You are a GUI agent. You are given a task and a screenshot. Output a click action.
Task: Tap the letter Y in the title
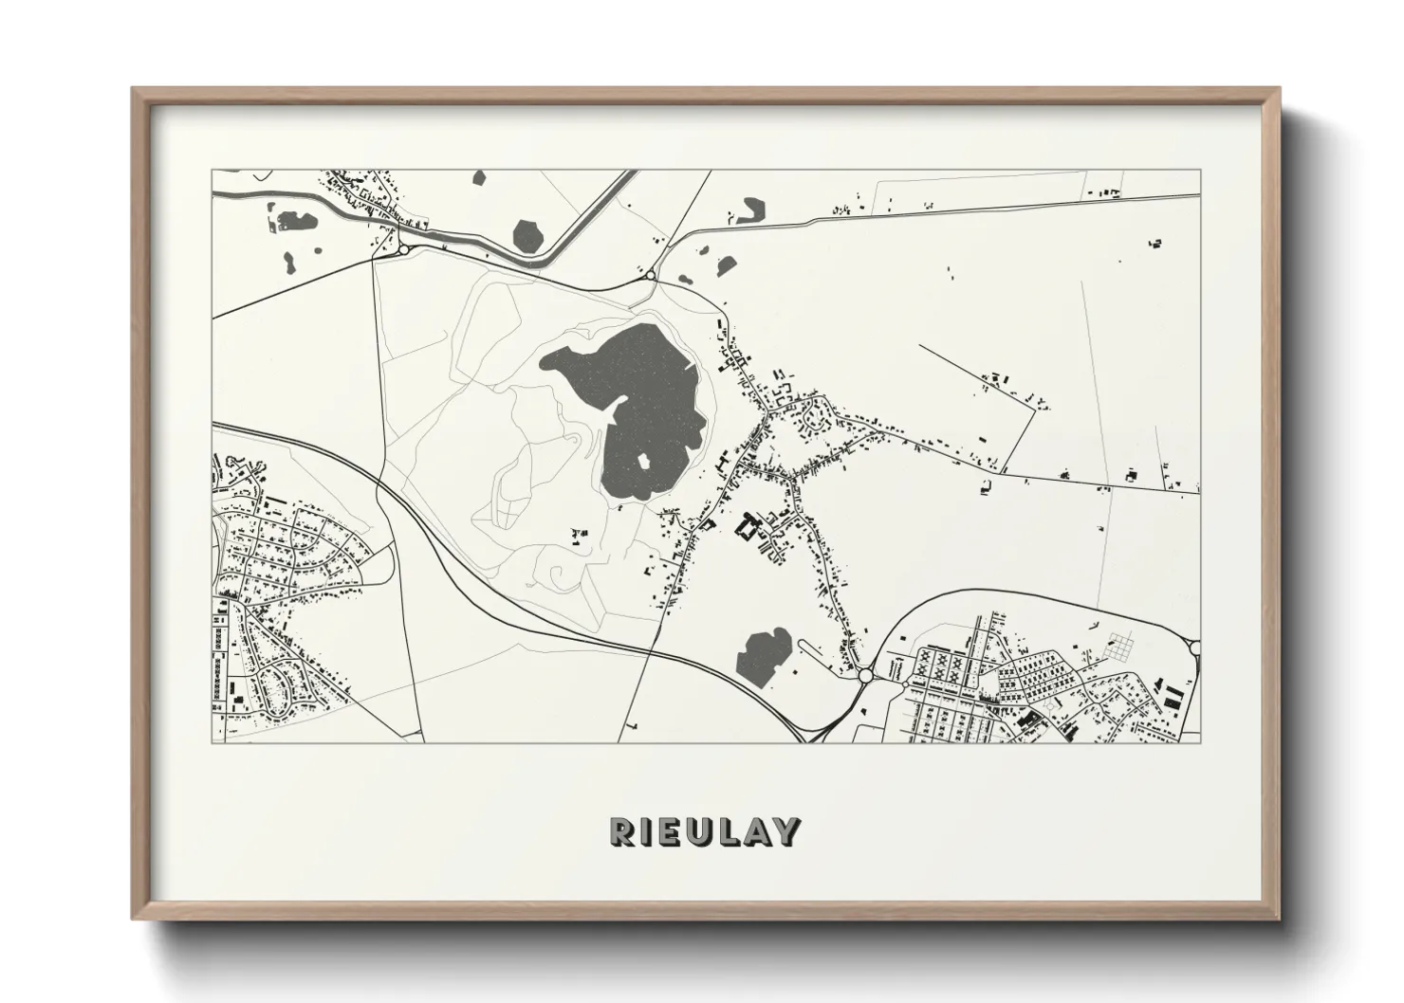coord(786,831)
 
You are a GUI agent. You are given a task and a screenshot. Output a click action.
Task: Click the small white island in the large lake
coord(643,461)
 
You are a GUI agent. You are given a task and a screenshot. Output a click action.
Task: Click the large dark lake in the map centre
coord(645,398)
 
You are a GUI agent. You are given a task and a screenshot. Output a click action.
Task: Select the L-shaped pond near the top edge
coord(753,209)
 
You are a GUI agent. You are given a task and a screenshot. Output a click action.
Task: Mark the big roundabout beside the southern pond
coord(865,676)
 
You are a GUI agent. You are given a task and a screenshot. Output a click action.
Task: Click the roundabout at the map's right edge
coord(1194,647)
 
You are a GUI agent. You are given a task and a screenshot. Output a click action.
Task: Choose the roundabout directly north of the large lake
coord(651,276)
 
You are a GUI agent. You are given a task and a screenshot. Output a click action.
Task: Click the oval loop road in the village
coord(814,415)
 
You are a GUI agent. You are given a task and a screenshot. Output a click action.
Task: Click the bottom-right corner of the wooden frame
coord(1280,920)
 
